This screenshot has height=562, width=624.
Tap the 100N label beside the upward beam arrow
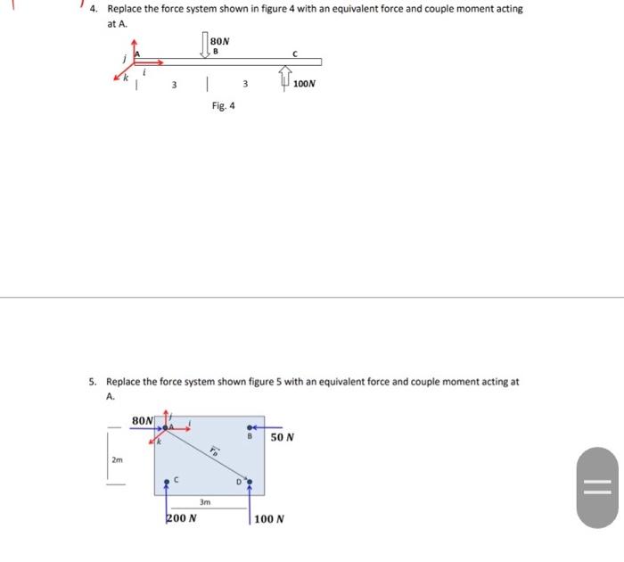point(305,84)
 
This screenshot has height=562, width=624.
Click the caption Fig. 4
point(224,105)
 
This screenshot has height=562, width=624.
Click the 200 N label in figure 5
point(181,517)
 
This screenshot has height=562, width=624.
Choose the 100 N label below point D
point(268,518)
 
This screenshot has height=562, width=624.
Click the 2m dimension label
point(118,460)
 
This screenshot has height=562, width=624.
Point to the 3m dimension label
point(205,502)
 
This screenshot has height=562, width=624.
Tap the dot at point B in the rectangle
point(250,426)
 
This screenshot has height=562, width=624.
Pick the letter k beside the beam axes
point(126,79)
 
